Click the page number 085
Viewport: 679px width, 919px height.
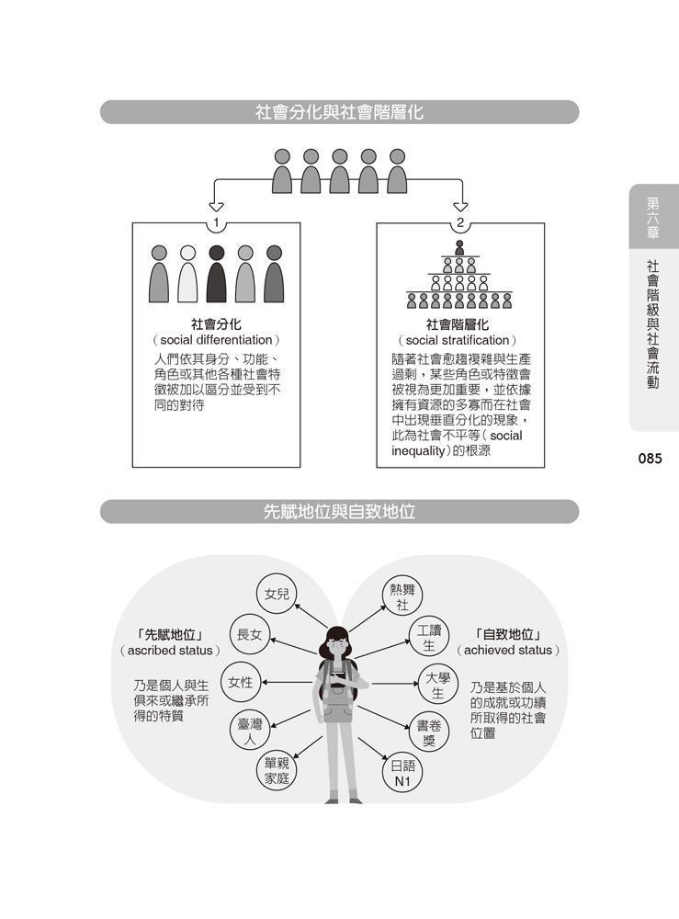click(x=650, y=459)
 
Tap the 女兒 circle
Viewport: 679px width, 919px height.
click(x=277, y=594)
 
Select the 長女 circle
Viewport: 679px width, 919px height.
click(x=250, y=634)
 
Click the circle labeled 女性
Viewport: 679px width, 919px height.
click(x=240, y=683)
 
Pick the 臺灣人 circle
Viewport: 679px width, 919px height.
click(x=250, y=732)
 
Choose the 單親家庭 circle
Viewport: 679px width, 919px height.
click(x=277, y=771)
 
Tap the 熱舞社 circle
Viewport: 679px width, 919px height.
click(x=402, y=596)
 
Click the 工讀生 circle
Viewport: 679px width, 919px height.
click(x=429, y=638)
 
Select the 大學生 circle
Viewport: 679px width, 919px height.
click(x=437, y=686)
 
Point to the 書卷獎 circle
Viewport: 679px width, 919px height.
click(x=429, y=733)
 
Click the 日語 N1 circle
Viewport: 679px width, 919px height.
click(x=402, y=774)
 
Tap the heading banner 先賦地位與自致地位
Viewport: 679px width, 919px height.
click(x=339, y=512)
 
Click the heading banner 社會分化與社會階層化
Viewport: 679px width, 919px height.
click(x=339, y=112)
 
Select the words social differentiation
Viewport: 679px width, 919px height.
click(x=216, y=340)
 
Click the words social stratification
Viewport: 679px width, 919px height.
click(x=457, y=341)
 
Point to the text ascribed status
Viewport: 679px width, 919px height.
click(x=170, y=650)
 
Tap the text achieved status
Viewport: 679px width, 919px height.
click(x=508, y=650)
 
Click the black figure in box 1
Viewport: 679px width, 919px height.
click(x=216, y=274)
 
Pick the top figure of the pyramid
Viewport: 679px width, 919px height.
click(x=459, y=247)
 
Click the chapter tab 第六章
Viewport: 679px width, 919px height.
click(x=653, y=218)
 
